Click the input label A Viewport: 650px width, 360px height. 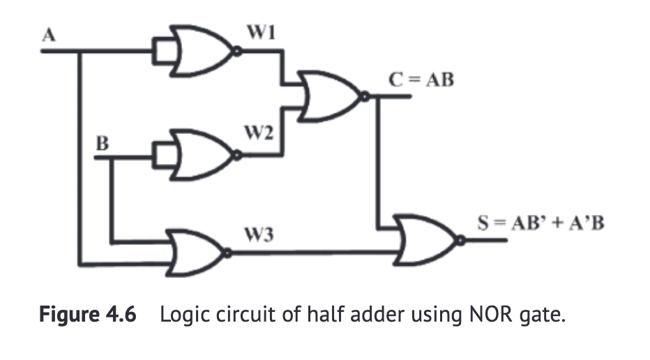point(48,36)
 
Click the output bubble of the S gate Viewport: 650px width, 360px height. point(460,241)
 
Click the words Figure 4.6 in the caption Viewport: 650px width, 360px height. point(88,315)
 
